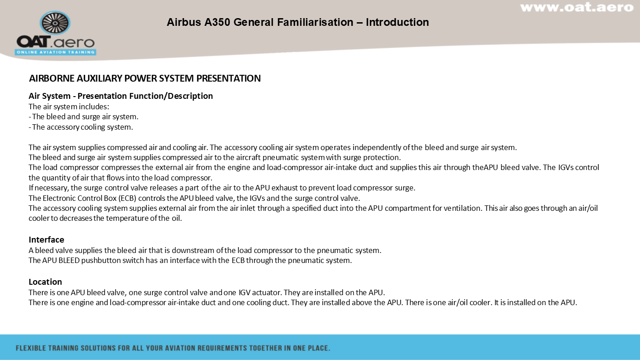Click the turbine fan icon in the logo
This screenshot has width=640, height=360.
(x=55, y=23)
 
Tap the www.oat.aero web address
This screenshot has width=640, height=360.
(x=577, y=7)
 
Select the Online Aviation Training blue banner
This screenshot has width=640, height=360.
(x=55, y=52)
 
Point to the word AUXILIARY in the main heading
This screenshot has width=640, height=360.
(x=99, y=78)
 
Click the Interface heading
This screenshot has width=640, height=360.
(x=46, y=239)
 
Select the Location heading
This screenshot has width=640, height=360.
(x=45, y=282)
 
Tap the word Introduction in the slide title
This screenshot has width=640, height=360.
(x=398, y=22)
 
